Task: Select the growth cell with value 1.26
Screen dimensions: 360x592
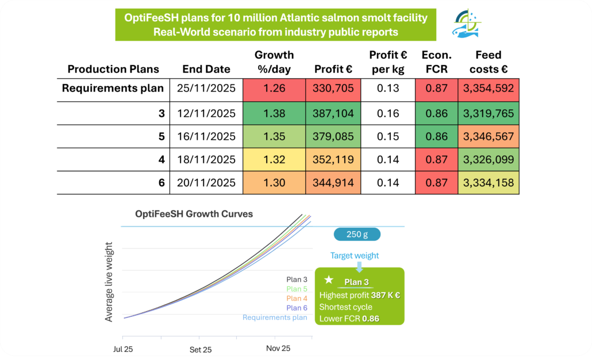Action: tap(274, 89)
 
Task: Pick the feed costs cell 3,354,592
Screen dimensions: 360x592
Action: tap(489, 89)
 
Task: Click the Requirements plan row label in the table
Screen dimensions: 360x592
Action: tap(113, 89)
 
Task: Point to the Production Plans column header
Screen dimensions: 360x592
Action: tap(113, 69)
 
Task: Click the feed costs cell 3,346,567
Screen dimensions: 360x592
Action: tap(489, 137)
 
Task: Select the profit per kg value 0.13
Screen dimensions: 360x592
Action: tap(387, 89)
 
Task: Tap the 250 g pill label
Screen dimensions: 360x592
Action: tap(357, 235)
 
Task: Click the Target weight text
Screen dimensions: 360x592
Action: tap(355, 255)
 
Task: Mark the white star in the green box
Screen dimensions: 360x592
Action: tap(328, 280)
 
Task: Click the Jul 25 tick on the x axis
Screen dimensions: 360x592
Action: tap(124, 349)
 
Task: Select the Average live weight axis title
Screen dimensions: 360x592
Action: tap(109, 281)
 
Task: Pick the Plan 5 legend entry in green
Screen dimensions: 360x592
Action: tap(297, 289)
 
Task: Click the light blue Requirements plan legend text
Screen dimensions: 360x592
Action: tap(275, 317)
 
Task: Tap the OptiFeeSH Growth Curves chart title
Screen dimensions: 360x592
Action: tap(194, 214)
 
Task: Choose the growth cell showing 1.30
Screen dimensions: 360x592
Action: tap(274, 183)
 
